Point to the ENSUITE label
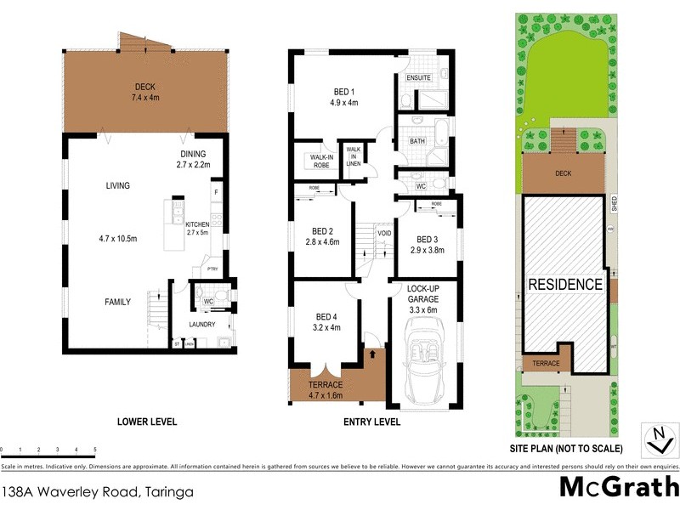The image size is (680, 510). click(x=419, y=78)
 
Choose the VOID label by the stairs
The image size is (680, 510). click(x=384, y=232)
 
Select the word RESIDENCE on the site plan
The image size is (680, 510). click(x=565, y=284)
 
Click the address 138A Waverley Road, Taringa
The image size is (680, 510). click(x=97, y=491)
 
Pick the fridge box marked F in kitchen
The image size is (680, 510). click(x=216, y=192)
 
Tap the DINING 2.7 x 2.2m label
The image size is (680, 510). click(x=193, y=160)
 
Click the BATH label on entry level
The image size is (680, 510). click(x=417, y=141)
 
